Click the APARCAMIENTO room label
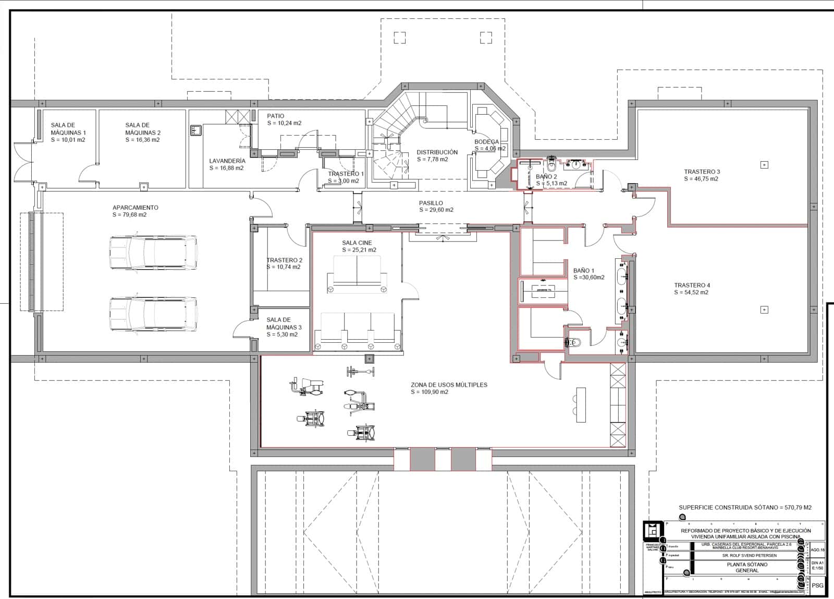click(135, 208)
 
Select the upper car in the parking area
click(153, 253)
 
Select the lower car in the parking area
click(153, 314)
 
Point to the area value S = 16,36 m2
click(142, 140)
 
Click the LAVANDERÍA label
click(227, 161)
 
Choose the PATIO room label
click(275, 116)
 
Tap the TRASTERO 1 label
click(346, 174)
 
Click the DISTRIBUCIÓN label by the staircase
click(437, 152)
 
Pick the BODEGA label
click(486, 142)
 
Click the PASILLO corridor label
click(431, 203)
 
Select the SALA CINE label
click(357, 243)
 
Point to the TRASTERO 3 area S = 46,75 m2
click(701, 179)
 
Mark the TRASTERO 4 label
click(692, 285)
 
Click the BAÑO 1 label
click(583, 271)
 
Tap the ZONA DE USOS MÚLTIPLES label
click(449, 385)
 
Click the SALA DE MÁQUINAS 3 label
click(284, 324)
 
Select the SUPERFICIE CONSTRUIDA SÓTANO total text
click(745, 507)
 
